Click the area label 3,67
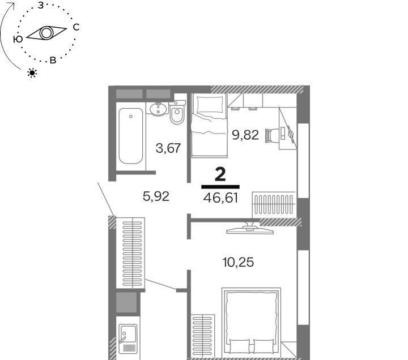coord(168,148)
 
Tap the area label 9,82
coord(245,135)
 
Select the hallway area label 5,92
coord(156,196)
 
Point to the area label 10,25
coord(238,262)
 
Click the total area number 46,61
coord(220,198)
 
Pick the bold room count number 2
coord(220,175)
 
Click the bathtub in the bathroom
coord(131,136)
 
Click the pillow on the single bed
coord(210,105)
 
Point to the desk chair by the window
coord(270,136)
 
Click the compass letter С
coord(76,27)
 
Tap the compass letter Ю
coord(18,39)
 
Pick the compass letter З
coord(41,5)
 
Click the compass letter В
coord(53,61)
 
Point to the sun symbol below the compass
coord(32,73)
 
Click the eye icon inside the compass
coord(46,33)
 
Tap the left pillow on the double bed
coord(240,346)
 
